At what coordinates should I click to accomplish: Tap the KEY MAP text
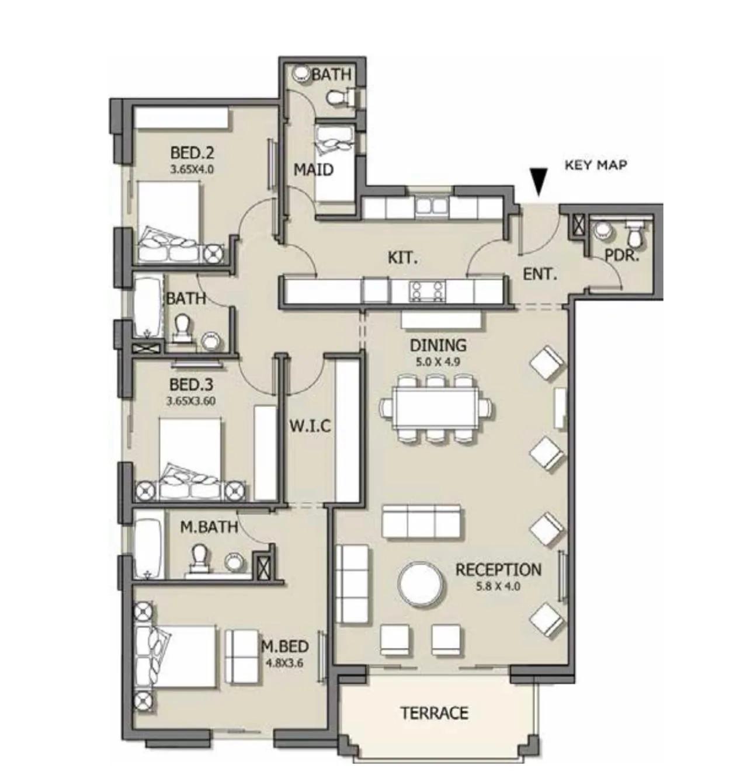pos(596,165)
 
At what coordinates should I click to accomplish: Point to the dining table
pos(436,408)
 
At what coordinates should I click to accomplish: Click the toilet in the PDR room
pos(633,234)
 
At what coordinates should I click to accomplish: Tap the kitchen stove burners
pos(427,290)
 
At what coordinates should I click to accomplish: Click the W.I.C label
pos(310,426)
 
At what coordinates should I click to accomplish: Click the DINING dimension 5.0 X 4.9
pos(438,363)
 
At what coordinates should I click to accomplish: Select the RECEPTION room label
pos(498,570)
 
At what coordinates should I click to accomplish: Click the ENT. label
pos(540,274)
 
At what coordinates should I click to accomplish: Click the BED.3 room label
pos(191,385)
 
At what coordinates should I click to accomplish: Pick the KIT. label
pos(402,258)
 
